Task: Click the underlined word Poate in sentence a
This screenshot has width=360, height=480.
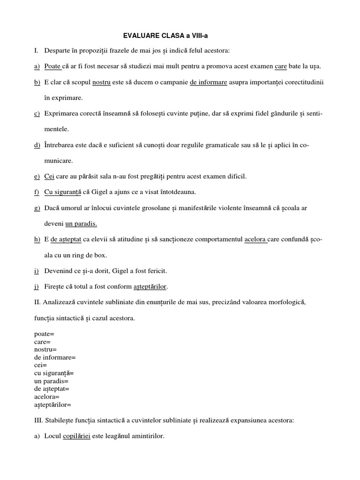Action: coord(52,66)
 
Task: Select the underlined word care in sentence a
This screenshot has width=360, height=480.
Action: coord(281,66)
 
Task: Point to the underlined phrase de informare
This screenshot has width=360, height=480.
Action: coord(209,82)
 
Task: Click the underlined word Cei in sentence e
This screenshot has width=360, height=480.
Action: coord(50,176)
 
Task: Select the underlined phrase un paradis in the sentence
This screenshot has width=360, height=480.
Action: coord(81,224)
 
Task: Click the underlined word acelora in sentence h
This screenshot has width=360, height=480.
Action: coord(255,240)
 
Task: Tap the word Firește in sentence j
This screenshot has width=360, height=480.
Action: coord(55,286)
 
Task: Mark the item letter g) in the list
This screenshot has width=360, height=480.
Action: coord(37,208)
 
